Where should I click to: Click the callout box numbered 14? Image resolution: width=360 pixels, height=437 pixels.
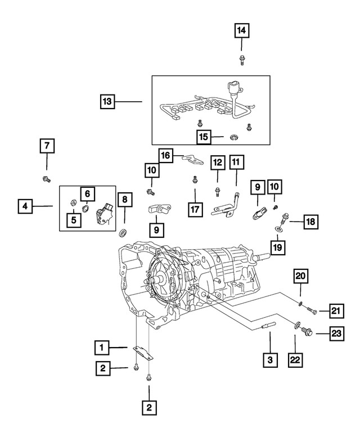pyautogui.click(x=241, y=30)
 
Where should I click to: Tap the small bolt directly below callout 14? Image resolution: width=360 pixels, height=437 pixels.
pyautogui.click(x=241, y=58)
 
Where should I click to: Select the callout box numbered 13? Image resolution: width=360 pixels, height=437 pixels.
pyautogui.click(x=107, y=102)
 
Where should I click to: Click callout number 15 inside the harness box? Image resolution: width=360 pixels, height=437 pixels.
pyautogui.click(x=203, y=137)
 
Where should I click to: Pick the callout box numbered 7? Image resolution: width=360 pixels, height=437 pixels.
pyautogui.click(x=47, y=146)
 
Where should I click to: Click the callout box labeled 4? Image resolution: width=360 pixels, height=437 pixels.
pyautogui.click(x=24, y=206)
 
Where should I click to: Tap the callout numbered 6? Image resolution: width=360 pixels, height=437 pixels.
pyautogui.click(x=87, y=194)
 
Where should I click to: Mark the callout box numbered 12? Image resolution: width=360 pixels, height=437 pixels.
pyautogui.click(x=218, y=163)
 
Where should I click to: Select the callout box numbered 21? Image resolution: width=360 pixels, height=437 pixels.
pyautogui.click(x=336, y=310)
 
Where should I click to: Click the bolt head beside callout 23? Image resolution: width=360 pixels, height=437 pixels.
pyautogui.click(x=307, y=333)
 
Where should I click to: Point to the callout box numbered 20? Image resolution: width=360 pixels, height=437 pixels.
pyautogui.click(x=300, y=276)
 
